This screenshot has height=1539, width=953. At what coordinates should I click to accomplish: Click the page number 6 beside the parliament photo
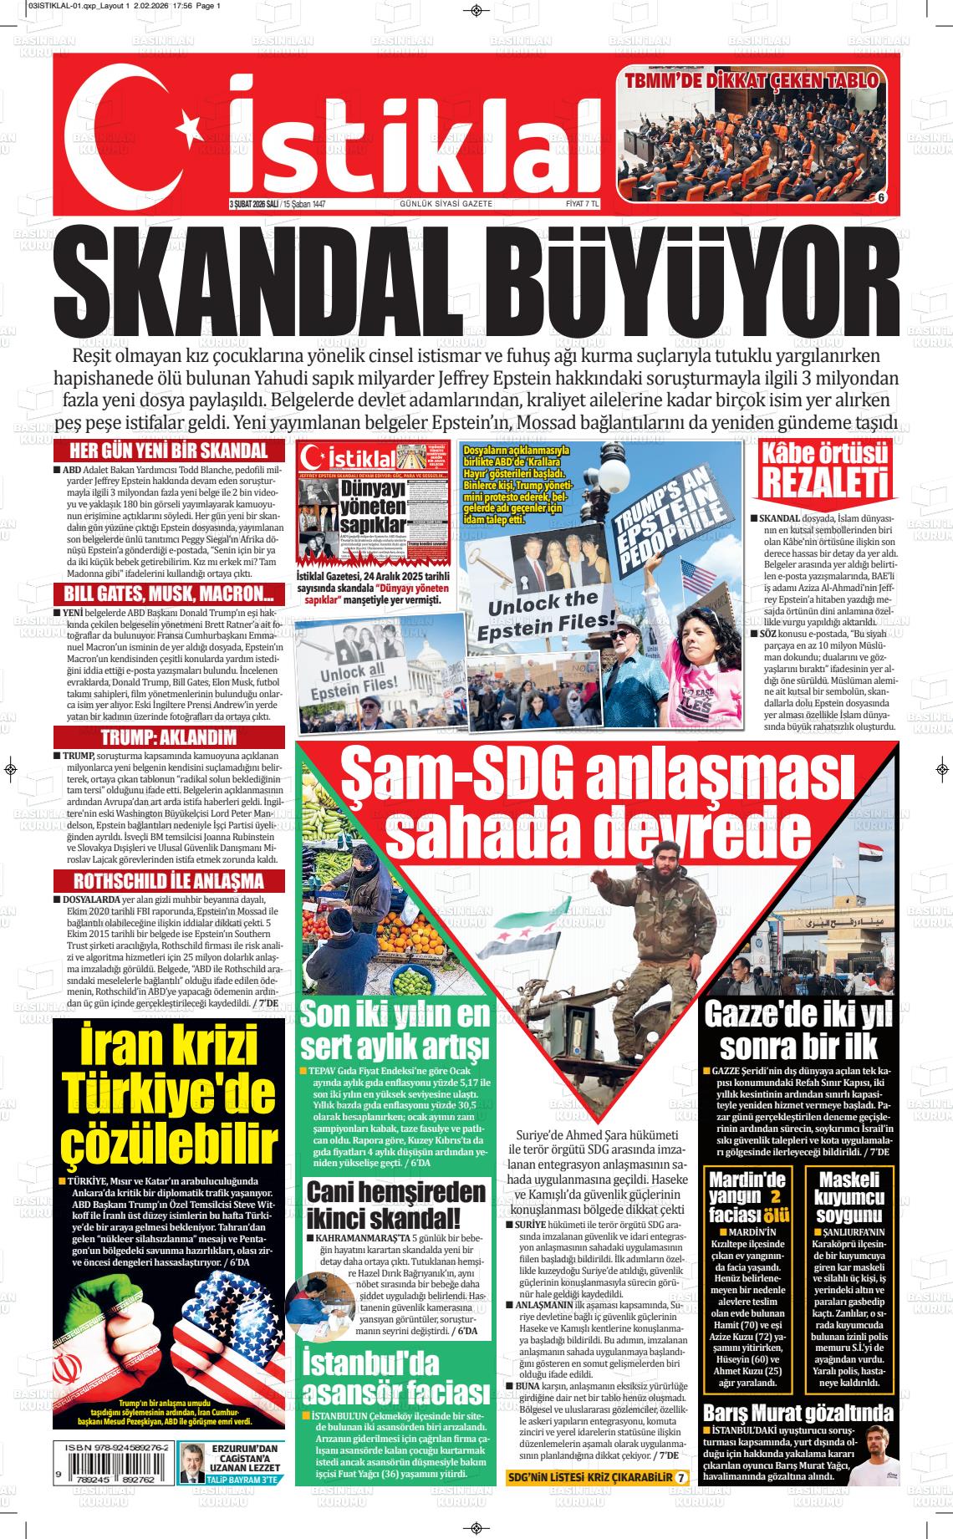tap(881, 197)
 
